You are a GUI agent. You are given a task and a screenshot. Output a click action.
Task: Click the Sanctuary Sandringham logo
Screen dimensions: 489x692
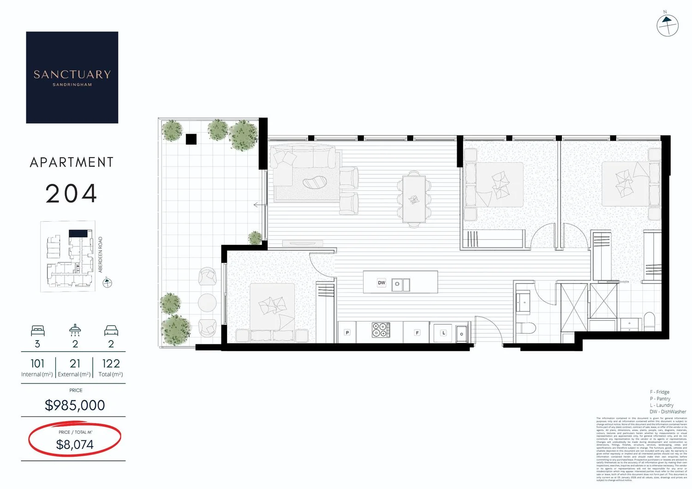point(72,77)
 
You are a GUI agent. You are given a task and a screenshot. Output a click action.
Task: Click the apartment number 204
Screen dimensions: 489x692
point(72,194)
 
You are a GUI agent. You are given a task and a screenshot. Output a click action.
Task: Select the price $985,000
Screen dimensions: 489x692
point(75,405)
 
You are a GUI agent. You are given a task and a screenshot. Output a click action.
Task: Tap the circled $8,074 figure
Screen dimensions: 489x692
point(75,444)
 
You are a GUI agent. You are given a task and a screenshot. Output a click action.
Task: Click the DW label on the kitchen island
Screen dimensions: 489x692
point(382,283)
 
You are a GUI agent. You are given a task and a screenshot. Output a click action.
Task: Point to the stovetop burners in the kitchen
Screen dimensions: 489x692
point(381,330)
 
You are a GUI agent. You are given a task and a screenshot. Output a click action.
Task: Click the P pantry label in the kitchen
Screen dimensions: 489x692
point(347,332)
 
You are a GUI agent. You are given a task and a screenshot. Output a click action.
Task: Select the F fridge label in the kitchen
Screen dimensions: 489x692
point(417,332)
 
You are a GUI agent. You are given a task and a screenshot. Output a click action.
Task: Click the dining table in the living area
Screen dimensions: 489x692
point(414,199)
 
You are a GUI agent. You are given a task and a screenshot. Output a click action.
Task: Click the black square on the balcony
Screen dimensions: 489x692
point(191,139)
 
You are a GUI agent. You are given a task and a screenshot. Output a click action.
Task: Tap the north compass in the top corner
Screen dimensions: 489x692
point(667,25)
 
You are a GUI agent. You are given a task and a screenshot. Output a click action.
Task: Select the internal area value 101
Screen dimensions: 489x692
point(37,364)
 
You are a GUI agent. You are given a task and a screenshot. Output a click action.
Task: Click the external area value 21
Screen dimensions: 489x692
point(75,364)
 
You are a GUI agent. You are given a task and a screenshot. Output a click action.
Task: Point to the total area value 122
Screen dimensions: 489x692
point(111,364)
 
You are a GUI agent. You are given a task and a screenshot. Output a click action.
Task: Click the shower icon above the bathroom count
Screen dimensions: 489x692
point(75,330)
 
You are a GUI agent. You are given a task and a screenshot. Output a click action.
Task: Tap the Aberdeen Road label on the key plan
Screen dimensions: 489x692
point(101,254)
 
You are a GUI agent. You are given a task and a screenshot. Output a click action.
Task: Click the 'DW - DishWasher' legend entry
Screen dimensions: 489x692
point(668,412)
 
